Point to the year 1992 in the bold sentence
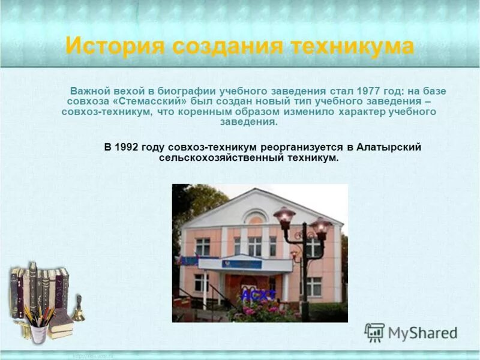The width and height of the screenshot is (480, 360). [x=128, y=147]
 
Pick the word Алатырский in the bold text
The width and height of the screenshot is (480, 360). [x=389, y=147]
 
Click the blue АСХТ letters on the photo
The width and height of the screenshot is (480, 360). [x=259, y=295]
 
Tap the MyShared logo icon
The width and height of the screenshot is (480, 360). [x=374, y=332]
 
